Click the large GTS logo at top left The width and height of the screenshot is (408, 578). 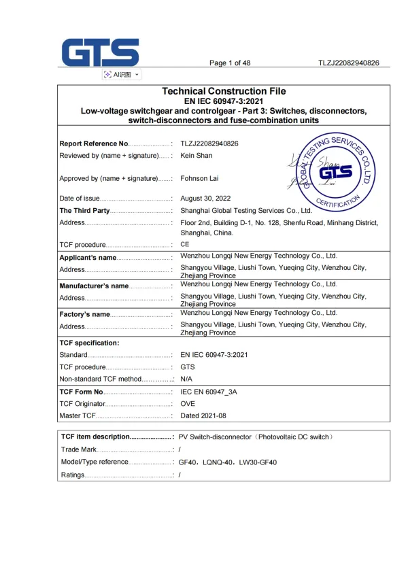click(x=100, y=52)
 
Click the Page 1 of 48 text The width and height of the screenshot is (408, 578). click(x=230, y=63)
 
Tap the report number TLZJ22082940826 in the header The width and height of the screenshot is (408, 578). click(x=349, y=63)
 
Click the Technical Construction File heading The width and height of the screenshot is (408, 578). click(x=224, y=91)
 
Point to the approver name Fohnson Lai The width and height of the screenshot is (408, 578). click(x=199, y=180)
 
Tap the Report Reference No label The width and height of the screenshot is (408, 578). click(x=94, y=143)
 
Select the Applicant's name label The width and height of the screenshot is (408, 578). click(x=88, y=258)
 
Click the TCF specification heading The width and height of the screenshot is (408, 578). click(x=90, y=343)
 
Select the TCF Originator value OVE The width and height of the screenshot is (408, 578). click(x=188, y=404)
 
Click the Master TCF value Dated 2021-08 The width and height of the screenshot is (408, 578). click(x=203, y=415)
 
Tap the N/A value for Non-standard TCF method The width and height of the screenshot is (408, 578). click(x=187, y=379)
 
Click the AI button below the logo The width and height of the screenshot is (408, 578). click(x=121, y=74)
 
